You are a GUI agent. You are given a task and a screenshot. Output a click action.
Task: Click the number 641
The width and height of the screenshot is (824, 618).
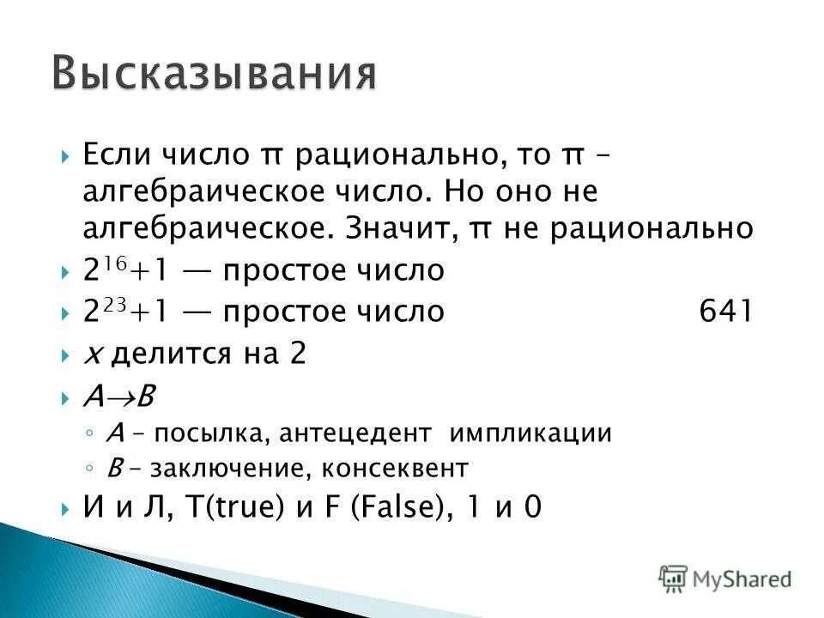point(726,312)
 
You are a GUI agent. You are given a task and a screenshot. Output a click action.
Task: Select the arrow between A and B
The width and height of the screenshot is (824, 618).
point(119,397)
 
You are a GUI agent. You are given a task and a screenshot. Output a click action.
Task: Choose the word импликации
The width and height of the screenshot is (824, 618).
point(530,433)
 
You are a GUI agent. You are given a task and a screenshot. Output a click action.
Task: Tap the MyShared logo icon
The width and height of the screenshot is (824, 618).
point(675,578)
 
